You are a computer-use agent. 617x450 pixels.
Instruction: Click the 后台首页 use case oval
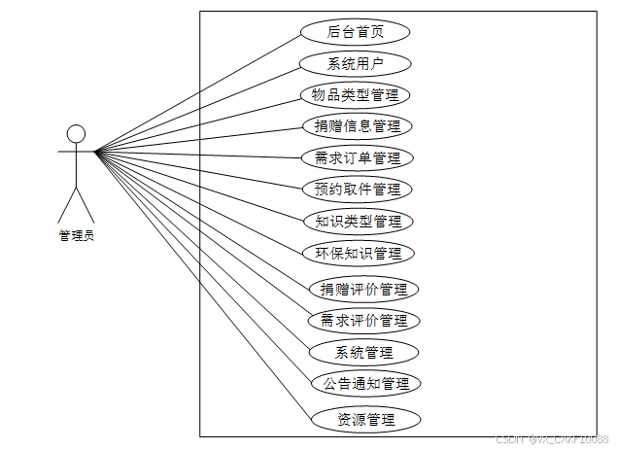(355, 32)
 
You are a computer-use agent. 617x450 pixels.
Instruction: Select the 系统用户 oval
(355, 64)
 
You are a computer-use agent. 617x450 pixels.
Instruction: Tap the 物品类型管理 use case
(355, 95)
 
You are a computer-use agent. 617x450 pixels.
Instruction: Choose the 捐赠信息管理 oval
(358, 125)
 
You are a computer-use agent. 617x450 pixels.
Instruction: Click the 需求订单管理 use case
(358, 157)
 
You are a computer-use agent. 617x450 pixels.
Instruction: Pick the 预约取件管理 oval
(358, 189)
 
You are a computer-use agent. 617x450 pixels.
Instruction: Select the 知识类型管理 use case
(358, 221)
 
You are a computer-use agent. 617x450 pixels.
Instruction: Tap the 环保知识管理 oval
(358, 253)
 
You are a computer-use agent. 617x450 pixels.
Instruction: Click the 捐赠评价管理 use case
(363, 289)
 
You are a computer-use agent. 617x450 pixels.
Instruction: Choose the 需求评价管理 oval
(363, 320)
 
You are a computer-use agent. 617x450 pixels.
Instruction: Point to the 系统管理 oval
(363, 352)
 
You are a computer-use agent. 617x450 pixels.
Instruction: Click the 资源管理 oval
(365, 420)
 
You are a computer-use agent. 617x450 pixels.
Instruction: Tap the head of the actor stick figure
(76, 133)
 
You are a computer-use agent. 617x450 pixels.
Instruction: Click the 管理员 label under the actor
(76, 234)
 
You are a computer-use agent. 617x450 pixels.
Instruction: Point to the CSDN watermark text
(551, 439)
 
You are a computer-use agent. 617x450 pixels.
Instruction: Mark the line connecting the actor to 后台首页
(194, 93)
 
